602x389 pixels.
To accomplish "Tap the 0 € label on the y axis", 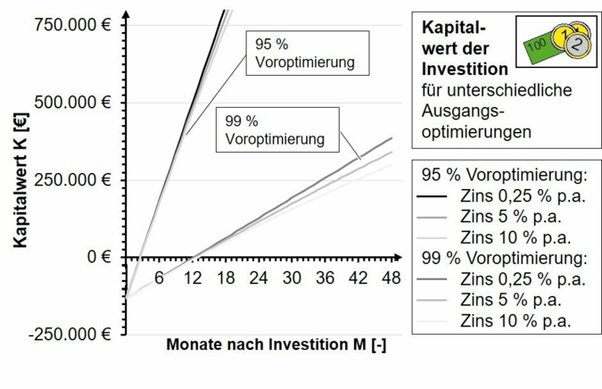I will [x=101, y=257].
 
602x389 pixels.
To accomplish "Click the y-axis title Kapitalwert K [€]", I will [x=20, y=178].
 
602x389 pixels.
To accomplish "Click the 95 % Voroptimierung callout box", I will [x=304, y=54].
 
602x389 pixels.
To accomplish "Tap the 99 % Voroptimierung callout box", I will [x=275, y=130].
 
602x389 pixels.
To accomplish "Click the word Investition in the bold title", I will [x=465, y=69].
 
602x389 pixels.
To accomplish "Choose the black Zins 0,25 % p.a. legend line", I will [x=435, y=197].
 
